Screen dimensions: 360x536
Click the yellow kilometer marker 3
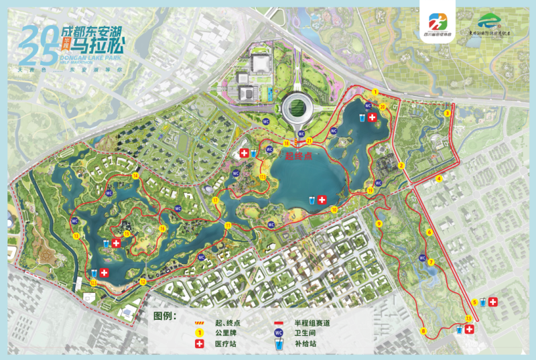447,113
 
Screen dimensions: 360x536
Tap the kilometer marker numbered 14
135,176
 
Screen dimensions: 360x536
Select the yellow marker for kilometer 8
423,331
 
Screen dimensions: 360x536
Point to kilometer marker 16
161,229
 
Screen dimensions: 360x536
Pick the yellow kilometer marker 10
334,209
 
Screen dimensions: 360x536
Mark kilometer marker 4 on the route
440,178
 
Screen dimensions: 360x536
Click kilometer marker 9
379,224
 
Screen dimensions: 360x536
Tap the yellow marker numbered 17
215,200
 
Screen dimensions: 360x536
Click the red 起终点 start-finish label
299,156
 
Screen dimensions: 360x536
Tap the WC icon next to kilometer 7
422,257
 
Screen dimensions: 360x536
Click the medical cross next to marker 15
116,243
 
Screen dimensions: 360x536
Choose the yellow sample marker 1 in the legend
199,333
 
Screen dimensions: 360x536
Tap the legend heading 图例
163,316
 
